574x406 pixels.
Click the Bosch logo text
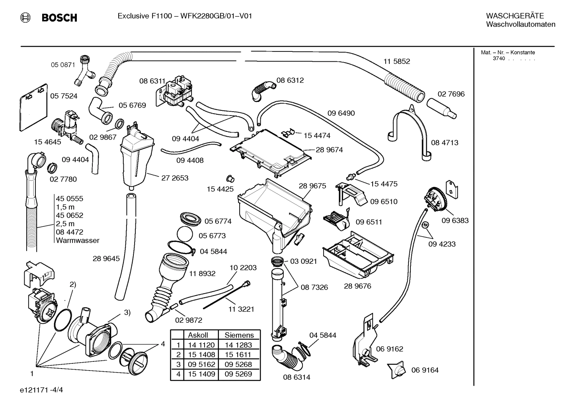click(x=59, y=18)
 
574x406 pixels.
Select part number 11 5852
click(x=396, y=61)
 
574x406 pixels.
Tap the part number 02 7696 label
click(x=451, y=94)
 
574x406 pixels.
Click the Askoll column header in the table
click(x=198, y=335)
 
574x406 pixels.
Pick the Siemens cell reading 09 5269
click(x=238, y=374)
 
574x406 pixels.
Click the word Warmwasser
click(x=78, y=240)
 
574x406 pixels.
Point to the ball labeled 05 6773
click(x=184, y=234)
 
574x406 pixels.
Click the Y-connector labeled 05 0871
click(x=84, y=71)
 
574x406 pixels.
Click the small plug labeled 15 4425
click(x=230, y=177)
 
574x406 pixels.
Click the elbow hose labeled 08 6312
click(x=262, y=90)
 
